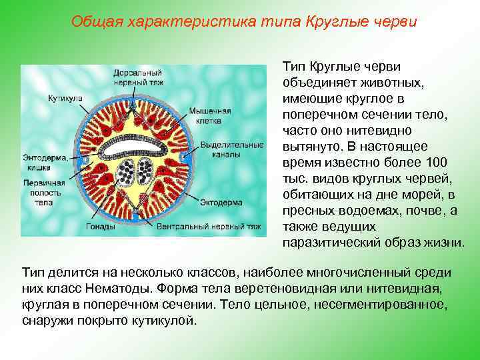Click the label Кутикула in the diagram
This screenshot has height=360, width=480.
[65, 98]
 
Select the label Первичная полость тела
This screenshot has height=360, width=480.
[44, 192]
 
